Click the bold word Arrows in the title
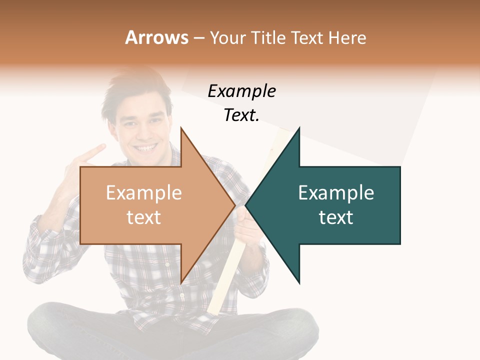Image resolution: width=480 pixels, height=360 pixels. click(156, 37)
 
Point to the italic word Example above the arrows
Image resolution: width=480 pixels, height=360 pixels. click(241, 91)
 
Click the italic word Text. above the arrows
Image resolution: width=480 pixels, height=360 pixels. click(241, 115)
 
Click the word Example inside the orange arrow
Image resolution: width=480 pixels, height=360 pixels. click(143, 193)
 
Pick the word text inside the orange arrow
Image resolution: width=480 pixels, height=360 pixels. click(143, 217)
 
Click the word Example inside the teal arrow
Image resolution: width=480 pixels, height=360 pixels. click(336, 193)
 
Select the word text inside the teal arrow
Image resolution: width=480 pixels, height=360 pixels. click(336, 217)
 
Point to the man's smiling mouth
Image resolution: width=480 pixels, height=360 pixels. click(146, 148)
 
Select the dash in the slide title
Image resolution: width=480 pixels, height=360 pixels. click(198, 38)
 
